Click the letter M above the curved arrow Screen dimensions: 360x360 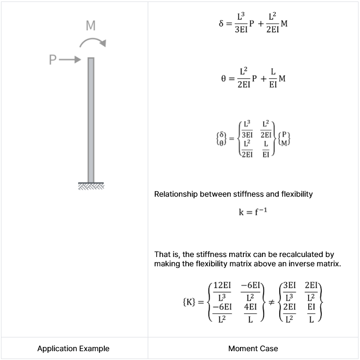point(91,26)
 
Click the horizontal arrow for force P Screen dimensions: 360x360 point(69,60)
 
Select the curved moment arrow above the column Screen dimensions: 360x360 point(93,43)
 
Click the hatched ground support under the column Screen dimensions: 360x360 point(91,185)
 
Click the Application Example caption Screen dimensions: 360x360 point(73,349)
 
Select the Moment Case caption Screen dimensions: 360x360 point(253,349)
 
